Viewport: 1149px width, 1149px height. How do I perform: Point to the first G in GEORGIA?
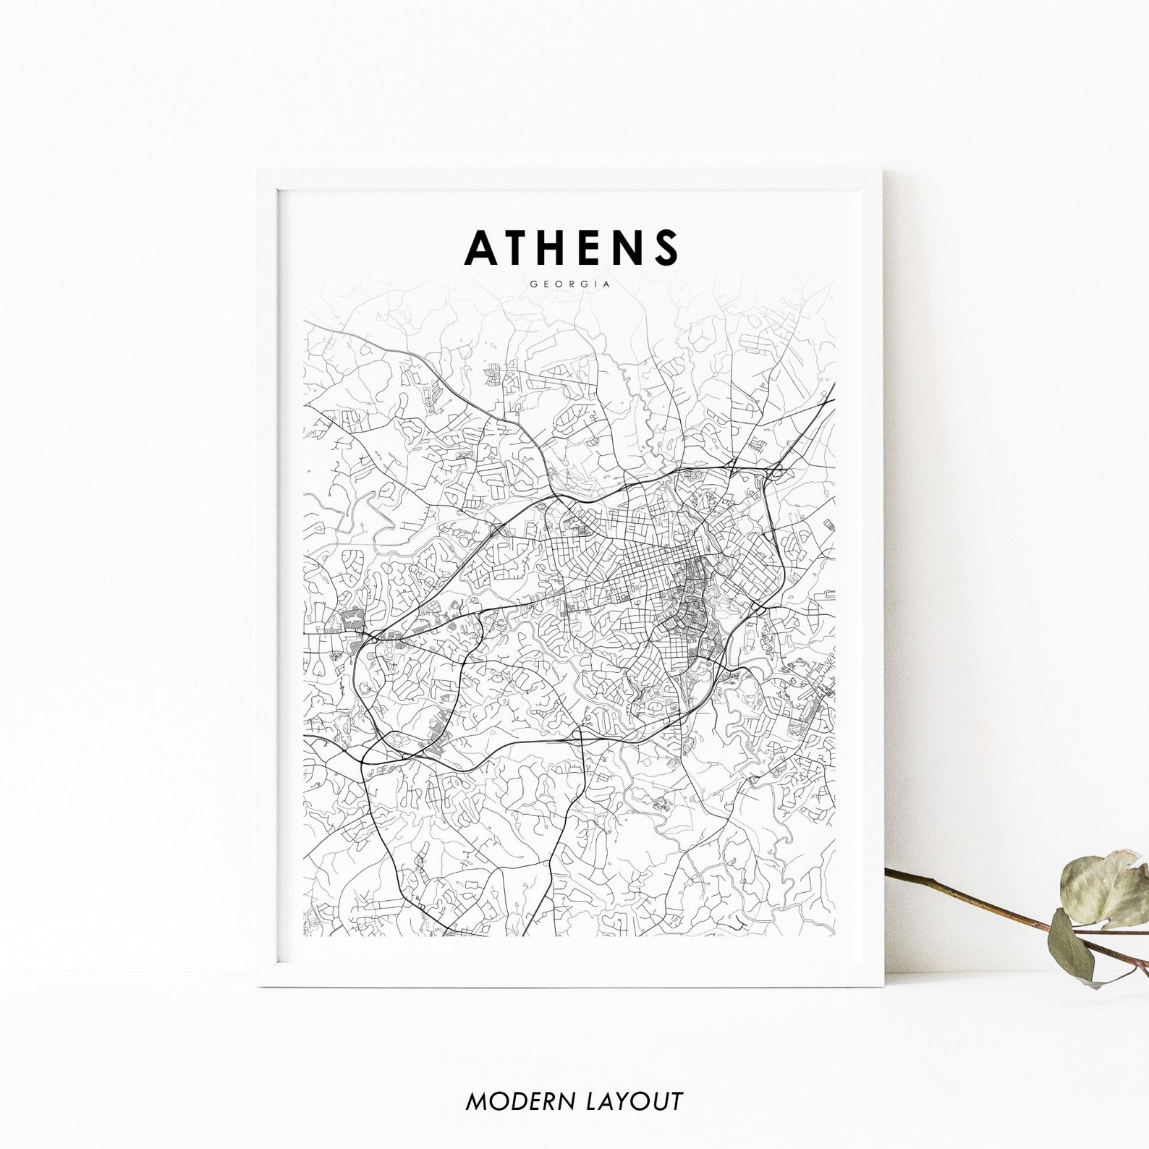point(533,284)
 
